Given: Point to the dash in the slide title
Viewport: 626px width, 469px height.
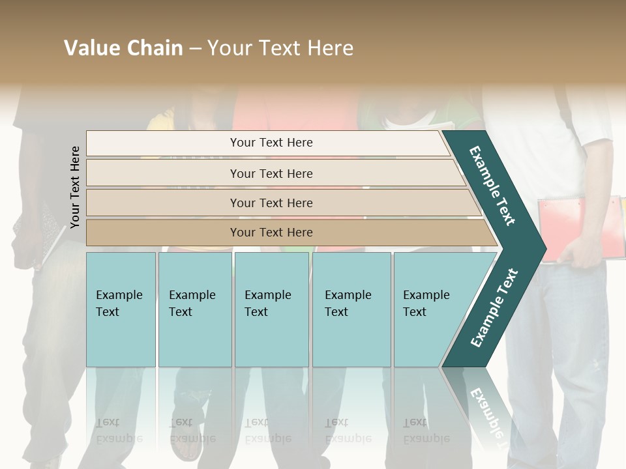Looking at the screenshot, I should pyautogui.click(x=195, y=49).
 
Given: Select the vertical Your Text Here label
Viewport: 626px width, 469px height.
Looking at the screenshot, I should pyautogui.click(x=75, y=187).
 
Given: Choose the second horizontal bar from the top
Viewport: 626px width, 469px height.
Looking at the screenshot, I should pyautogui.click(x=271, y=173).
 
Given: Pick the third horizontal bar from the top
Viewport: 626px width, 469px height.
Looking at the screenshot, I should pyautogui.click(x=271, y=203).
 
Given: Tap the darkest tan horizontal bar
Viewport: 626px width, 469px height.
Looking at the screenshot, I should pyautogui.click(x=271, y=233).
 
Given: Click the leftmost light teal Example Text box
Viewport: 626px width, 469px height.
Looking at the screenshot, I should pyautogui.click(x=121, y=309).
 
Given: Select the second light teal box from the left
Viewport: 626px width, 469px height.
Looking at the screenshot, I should pyautogui.click(x=195, y=309).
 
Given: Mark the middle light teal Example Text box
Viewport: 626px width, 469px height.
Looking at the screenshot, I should pyautogui.click(x=271, y=309).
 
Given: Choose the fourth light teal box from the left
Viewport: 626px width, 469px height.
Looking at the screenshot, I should pyautogui.click(x=351, y=309).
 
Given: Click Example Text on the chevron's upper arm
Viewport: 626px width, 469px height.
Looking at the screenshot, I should pyautogui.click(x=492, y=186).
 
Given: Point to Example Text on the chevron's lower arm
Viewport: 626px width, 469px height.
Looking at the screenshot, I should pyautogui.click(x=494, y=307).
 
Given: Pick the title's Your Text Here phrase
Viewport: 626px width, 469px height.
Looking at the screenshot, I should pyautogui.click(x=280, y=48).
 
